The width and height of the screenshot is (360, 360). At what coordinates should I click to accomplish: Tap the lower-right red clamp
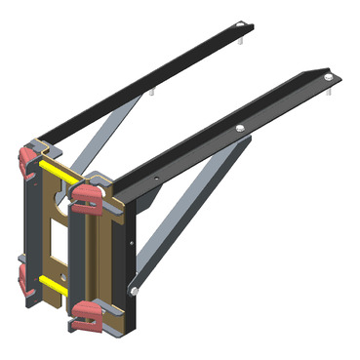click(86, 314)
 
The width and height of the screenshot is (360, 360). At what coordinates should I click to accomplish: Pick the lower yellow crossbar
click(54, 285)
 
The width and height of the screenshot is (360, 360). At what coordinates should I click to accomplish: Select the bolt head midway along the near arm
click(240, 128)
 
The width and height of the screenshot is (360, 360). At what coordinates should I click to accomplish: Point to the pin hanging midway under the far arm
click(153, 93)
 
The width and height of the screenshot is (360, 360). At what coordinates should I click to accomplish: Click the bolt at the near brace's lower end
click(133, 290)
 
